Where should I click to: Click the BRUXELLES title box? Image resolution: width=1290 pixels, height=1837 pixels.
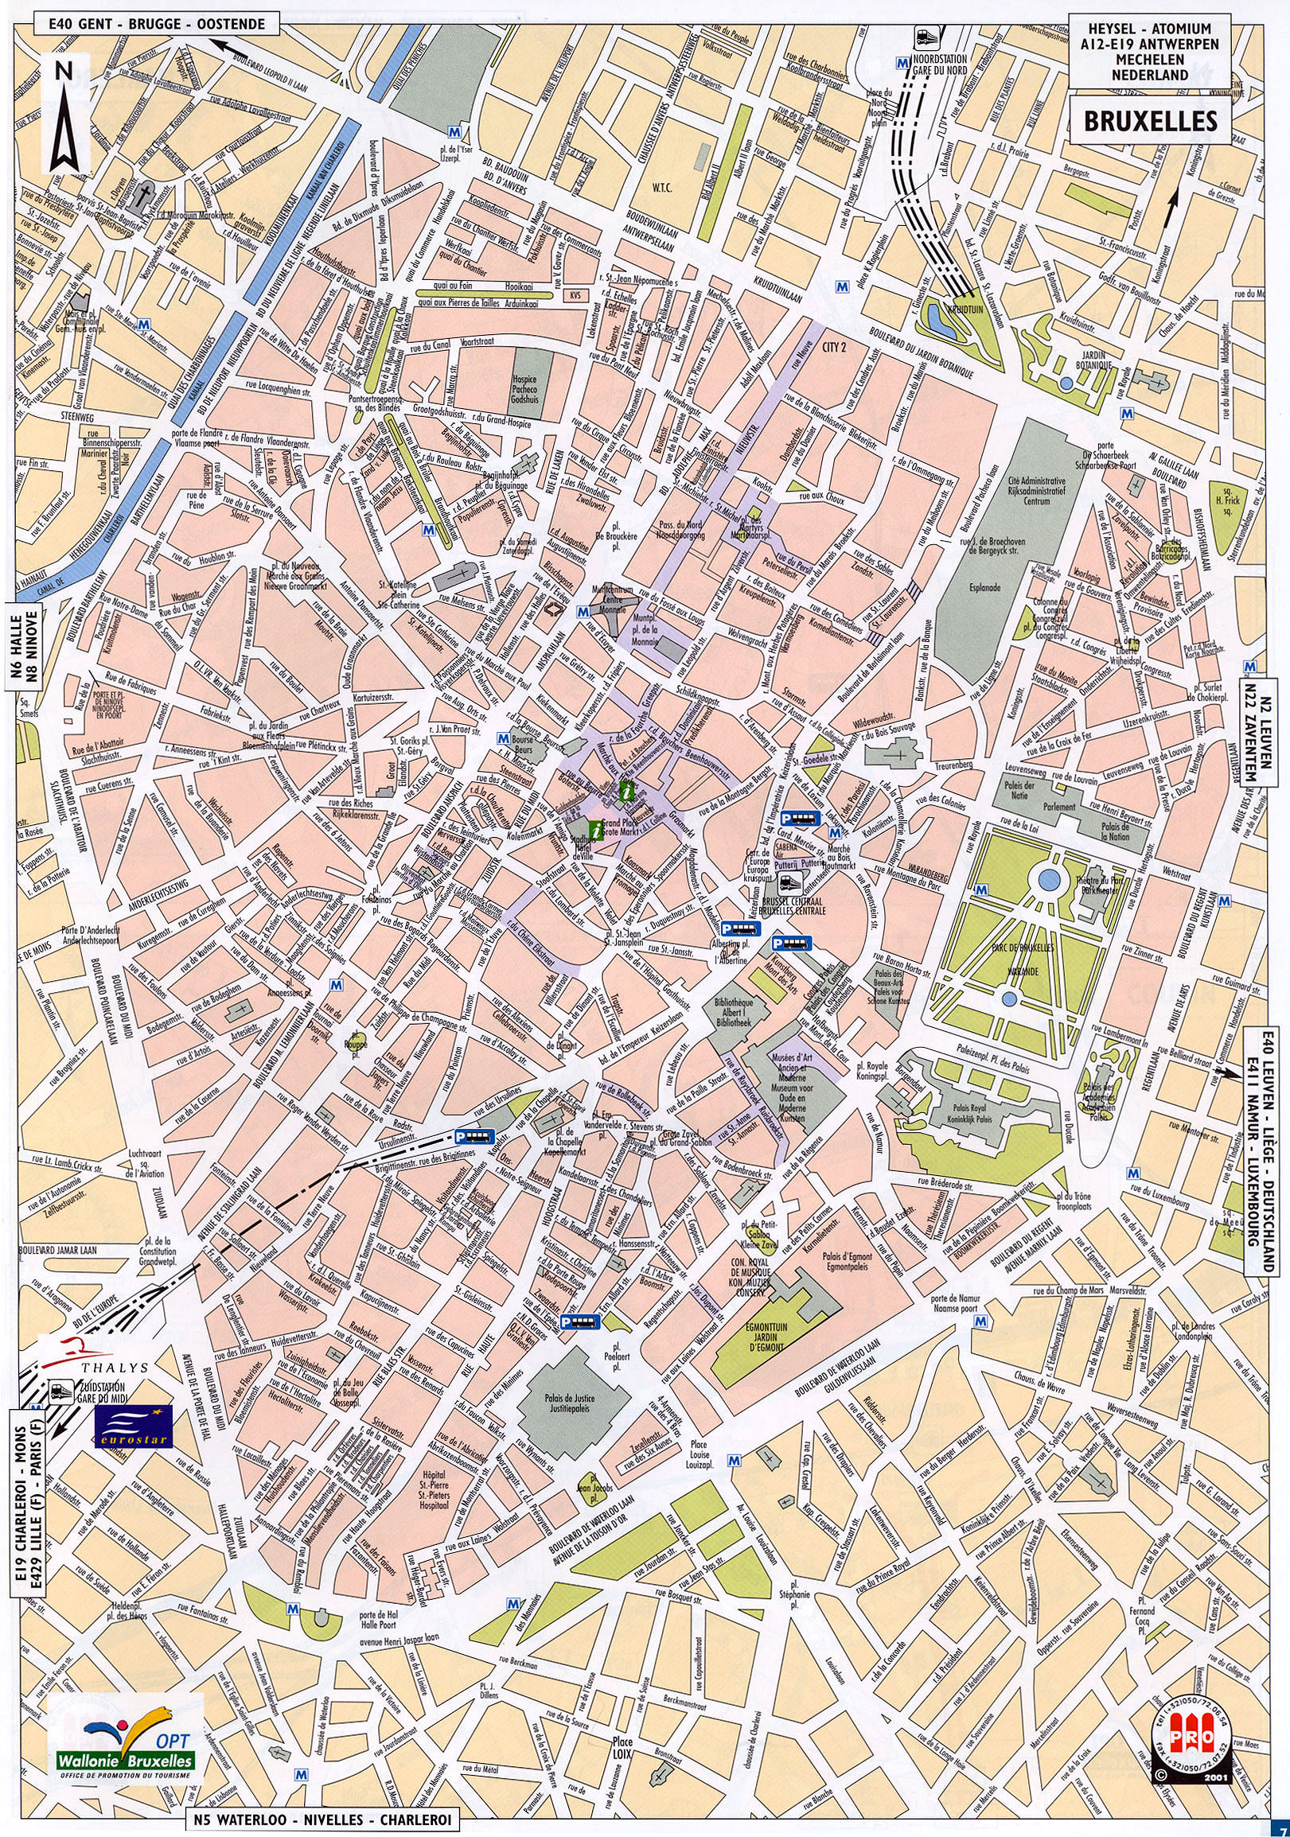click(1150, 121)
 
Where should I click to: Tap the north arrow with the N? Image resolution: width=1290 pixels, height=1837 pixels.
click(64, 114)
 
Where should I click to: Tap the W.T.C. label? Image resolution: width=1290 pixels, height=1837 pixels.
click(662, 188)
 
